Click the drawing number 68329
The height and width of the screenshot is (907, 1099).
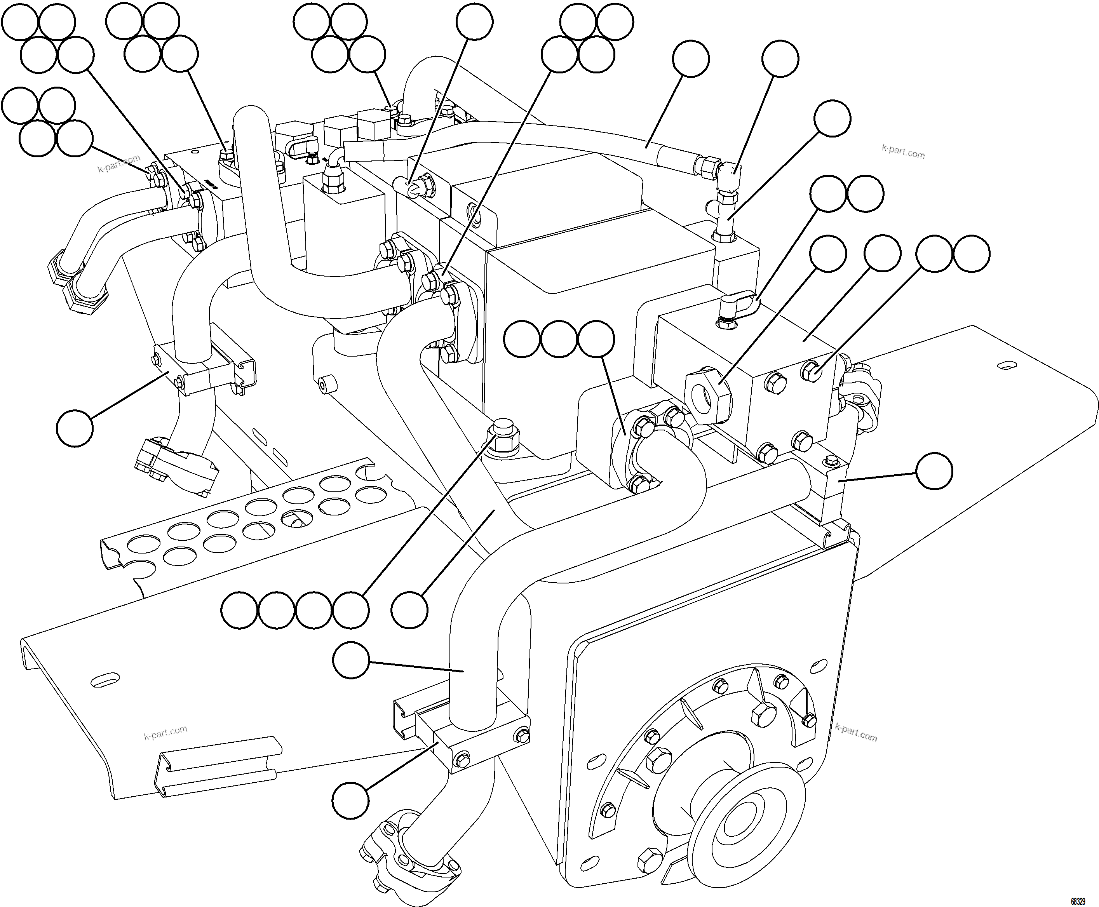1077,901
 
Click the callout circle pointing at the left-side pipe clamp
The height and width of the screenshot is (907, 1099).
75,428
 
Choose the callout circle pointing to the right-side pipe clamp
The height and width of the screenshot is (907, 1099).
934,471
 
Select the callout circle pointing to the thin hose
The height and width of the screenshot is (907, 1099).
691,59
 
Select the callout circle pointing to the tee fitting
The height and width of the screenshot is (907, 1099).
833,118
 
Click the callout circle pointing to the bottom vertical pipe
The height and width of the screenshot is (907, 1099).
351,660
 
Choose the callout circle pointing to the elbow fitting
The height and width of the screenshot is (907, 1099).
780,59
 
